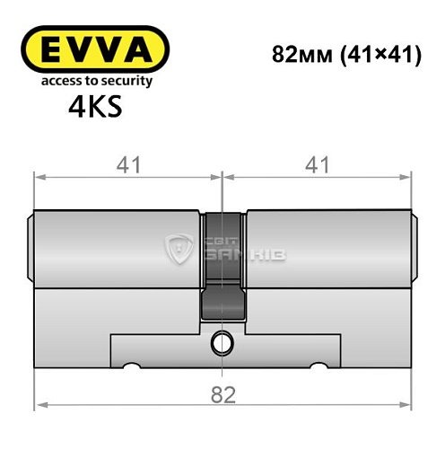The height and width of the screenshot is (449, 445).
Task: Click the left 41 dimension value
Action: click(x=127, y=165)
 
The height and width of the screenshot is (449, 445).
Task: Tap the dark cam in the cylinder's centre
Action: click(x=222, y=269)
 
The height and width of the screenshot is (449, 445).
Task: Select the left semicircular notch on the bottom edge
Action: click(x=132, y=366)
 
